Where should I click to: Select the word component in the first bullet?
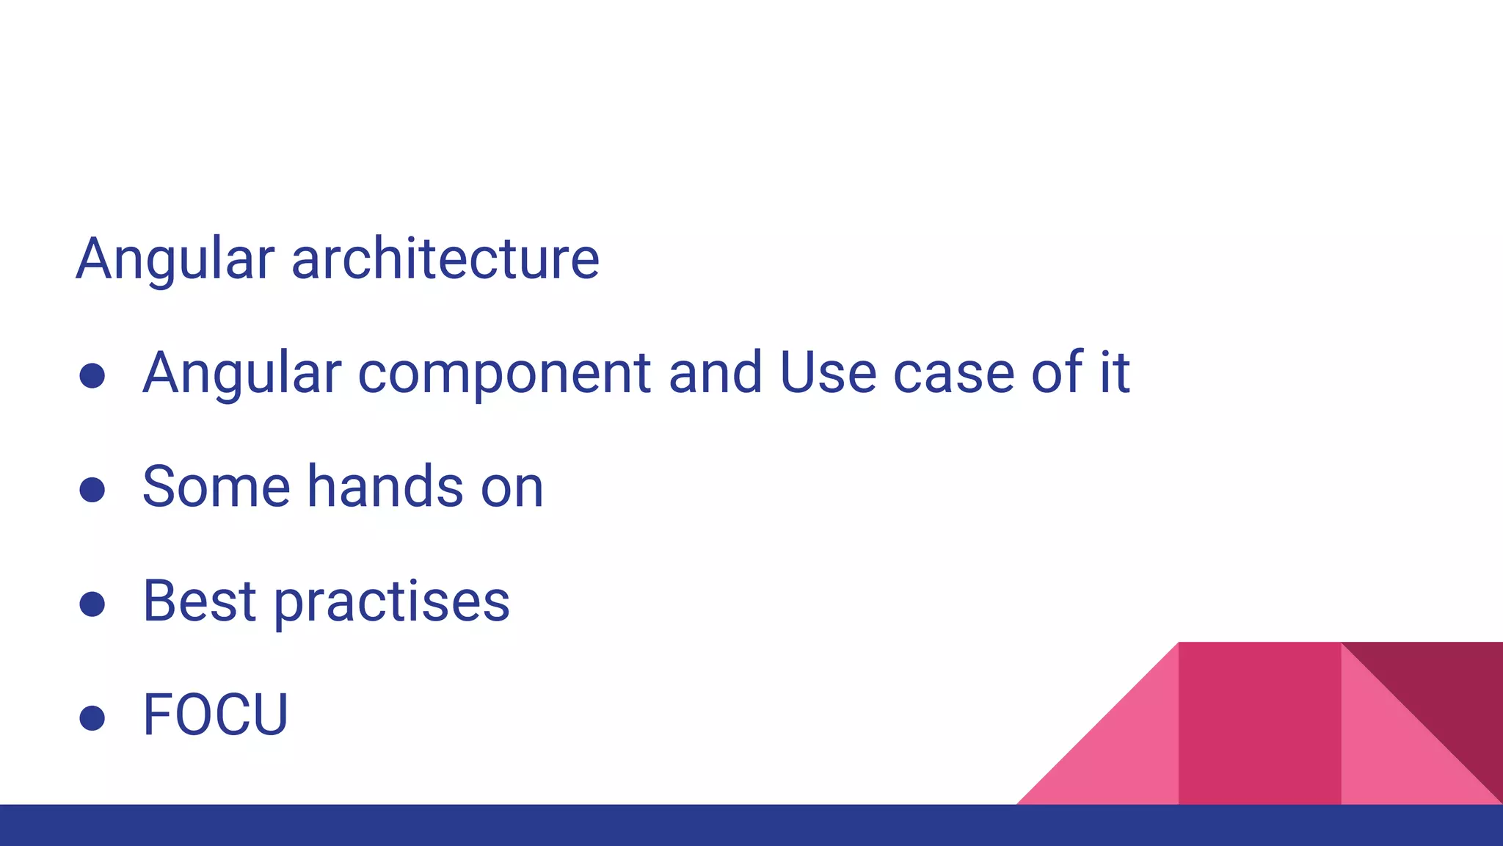pos(504,372)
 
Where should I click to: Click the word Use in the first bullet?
pos(827,372)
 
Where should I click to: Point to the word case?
pos(953,372)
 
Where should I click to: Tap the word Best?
pos(199,601)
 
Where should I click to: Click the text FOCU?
pos(215,715)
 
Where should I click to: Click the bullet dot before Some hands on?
pos(92,490)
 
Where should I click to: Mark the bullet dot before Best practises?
pos(92,604)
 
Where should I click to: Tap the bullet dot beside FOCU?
pos(92,717)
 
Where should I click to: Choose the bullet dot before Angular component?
pos(92,376)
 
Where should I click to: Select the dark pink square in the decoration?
pos(1259,723)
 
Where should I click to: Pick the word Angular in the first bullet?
pos(242,372)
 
